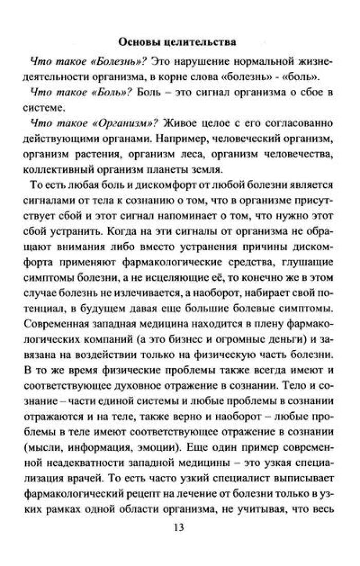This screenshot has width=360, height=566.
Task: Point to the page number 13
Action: [179, 528]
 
